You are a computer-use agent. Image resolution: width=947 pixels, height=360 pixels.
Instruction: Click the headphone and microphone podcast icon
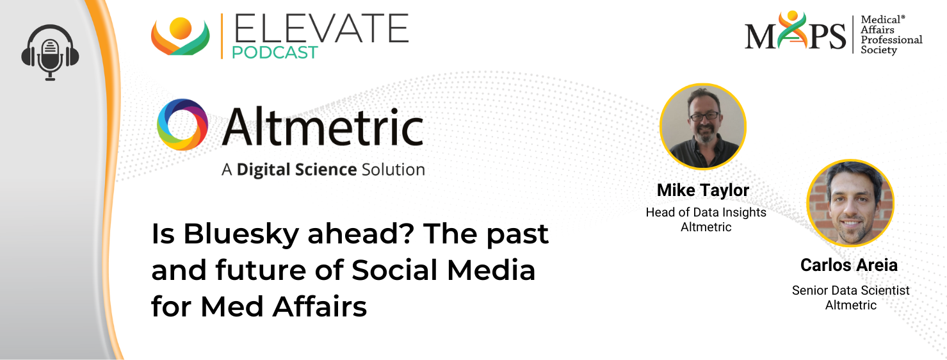tap(51, 52)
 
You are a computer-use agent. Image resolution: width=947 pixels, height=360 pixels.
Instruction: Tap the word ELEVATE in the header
tap(321, 28)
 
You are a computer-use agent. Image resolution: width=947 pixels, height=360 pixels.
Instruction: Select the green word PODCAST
tap(275, 53)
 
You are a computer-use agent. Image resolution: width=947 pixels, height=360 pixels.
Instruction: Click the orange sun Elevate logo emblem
tap(180, 37)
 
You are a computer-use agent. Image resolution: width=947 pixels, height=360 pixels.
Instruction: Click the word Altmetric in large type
tap(323, 126)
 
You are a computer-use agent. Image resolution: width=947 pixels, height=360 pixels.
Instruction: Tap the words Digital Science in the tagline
tap(296, 170)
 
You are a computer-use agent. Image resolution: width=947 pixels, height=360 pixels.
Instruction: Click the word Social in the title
tap(395, 270)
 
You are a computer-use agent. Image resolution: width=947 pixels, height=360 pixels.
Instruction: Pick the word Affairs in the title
tap(320, 307)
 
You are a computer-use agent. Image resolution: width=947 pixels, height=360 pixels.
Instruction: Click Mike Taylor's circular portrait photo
tap(702, 126)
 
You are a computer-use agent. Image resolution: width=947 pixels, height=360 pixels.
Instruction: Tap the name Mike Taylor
tap(703, 190)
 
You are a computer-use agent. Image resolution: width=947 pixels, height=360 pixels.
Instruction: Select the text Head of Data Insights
tap(706, 212)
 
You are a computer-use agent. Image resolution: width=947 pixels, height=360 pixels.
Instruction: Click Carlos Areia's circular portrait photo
tap(850, 203)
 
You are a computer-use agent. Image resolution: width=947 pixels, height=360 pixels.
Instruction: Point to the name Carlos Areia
tap(849, 265)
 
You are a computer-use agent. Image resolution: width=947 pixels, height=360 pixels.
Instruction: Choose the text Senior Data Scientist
tap(850, 290)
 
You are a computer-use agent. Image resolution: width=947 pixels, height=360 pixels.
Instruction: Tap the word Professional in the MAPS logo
tap(892, 40)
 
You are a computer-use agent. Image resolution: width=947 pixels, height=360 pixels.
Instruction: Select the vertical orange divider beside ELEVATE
tap(222, 36)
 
